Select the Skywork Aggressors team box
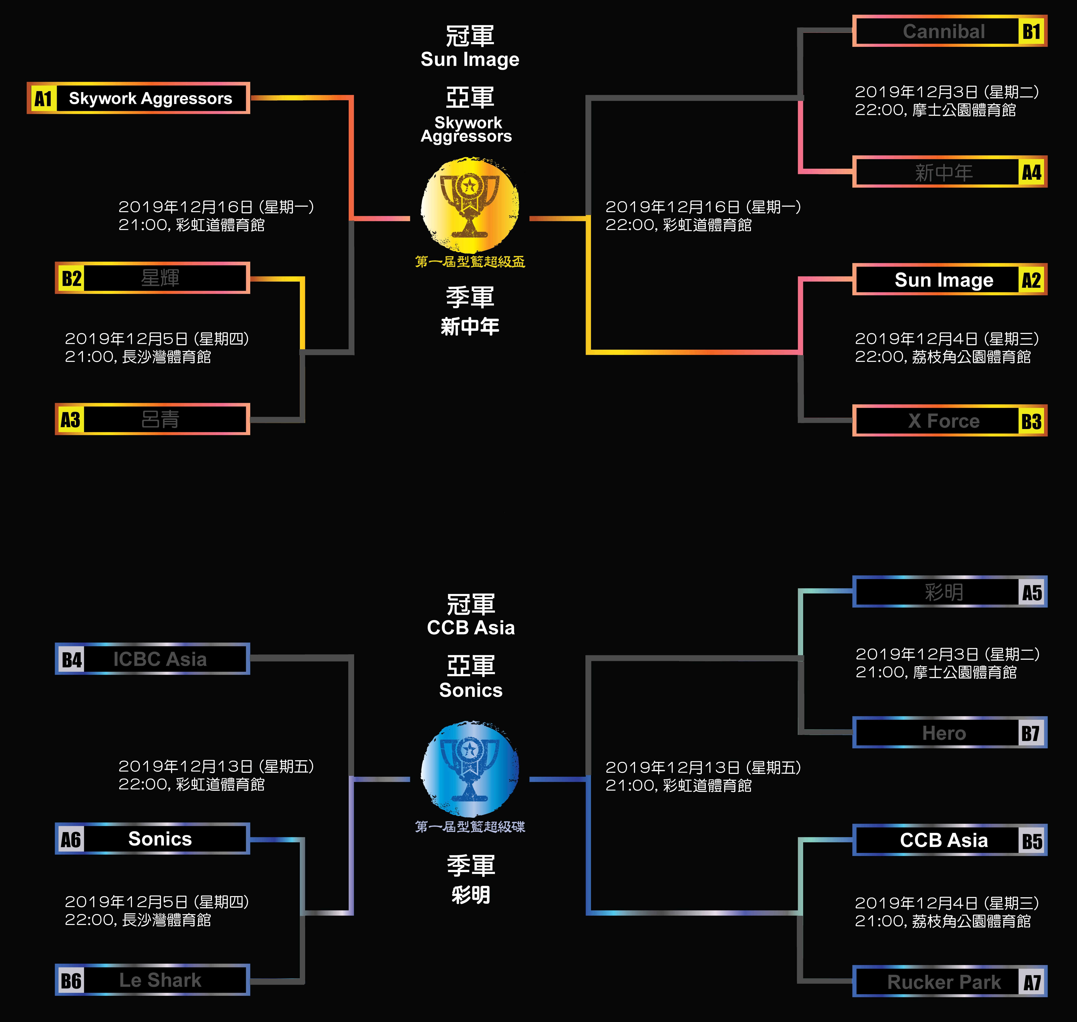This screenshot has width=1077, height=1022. [150, 99]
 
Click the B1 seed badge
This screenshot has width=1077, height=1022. [1031, 32]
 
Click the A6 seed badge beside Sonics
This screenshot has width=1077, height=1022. [71, 839]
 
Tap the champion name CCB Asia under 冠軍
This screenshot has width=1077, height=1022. [471, 627]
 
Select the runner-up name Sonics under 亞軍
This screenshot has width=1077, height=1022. [471, 690]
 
